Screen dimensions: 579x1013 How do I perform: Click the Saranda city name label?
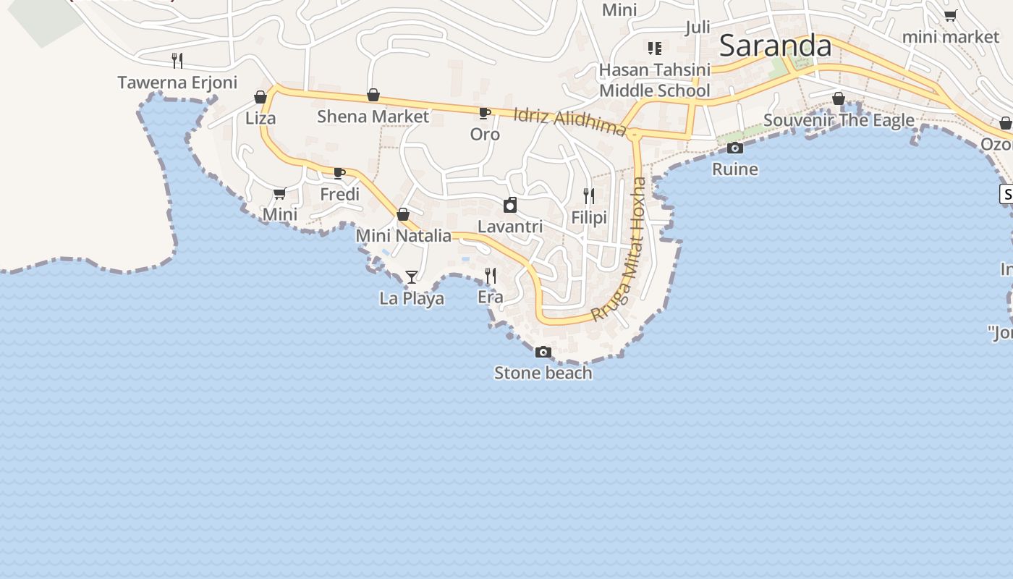click(775, 46)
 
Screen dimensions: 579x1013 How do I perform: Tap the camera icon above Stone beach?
click(543, 352)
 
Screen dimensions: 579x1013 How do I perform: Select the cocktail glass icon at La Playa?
click(412, 276)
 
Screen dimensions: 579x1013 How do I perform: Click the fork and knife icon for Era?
click(491, 275)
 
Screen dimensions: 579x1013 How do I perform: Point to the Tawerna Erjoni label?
click(177, 83)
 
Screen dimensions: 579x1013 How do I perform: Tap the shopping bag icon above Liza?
click(260, 97)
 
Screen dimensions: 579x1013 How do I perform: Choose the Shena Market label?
click(373, 117)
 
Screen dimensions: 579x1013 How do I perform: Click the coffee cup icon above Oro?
click(484, 113)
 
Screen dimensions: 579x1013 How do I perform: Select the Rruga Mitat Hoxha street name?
click(619, 249)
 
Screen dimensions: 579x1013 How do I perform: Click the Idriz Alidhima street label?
click(569, 122)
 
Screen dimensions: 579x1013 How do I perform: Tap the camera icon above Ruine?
click(735, 148)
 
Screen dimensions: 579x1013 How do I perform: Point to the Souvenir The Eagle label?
click(839, 120)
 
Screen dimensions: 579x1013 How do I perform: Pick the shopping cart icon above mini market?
click(951, 16)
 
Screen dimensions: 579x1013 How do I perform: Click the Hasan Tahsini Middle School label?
click(655, 80)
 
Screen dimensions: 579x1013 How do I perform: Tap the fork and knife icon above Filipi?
click(589, 196)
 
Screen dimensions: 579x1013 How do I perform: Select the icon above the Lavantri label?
click(510, 205)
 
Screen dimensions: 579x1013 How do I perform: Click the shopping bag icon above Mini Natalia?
click(403, 214)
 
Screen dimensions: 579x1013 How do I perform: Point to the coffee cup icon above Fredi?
click(339, 173)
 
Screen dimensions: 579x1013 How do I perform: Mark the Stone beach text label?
click(543, 373)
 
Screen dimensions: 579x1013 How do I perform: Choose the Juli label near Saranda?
click(698, 28)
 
